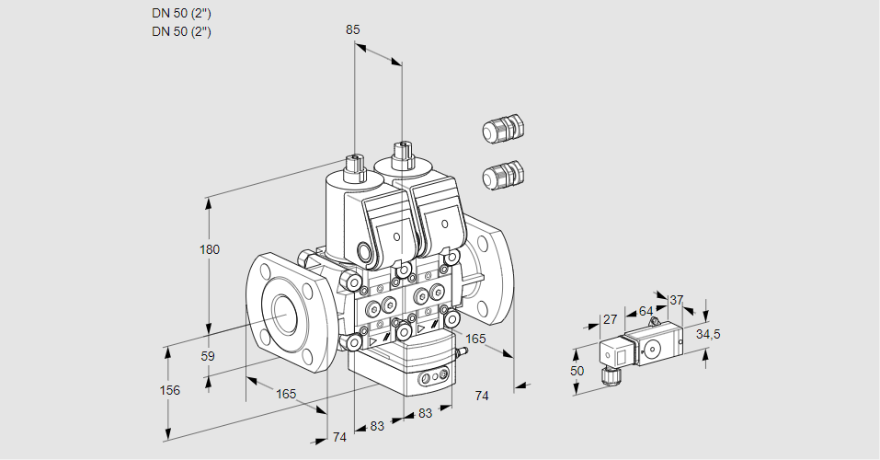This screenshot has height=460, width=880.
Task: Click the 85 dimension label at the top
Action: coord(353,29)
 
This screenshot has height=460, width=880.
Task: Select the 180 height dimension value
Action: coord(210,249)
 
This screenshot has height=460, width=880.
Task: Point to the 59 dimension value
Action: coord(208,356)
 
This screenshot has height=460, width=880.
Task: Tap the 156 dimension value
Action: coord(169,390)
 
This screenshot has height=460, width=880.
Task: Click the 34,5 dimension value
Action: coord(708,334)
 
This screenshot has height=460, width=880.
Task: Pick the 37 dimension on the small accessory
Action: coord(677,300)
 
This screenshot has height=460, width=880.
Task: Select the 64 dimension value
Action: coord(646,311)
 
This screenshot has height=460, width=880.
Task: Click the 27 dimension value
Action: coord(609,320)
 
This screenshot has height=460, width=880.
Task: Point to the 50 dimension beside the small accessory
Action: coord(577,371)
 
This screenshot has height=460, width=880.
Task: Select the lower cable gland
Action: coord(502,174)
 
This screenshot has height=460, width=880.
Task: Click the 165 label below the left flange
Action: coord(286,394)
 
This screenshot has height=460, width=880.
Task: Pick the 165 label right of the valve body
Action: coord(475,339)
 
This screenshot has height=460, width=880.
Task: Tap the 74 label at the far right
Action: coord(481,396)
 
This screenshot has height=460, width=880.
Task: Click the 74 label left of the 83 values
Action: coord(339,437)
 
